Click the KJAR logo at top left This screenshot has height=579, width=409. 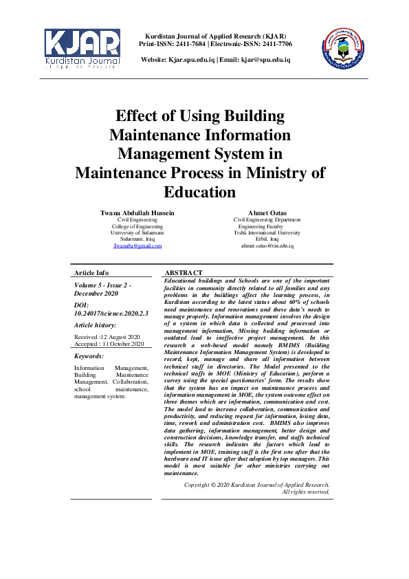point(82,49)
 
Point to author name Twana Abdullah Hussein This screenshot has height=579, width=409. point(137,213)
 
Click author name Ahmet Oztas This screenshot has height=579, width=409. point(267,213)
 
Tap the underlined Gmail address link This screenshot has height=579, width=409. point(137,245)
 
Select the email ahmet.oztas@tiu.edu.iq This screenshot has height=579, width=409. point(267,245)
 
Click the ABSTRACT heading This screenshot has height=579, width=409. point(184,273)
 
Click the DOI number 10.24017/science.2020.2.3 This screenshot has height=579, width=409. point(103,313)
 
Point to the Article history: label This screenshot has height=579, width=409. point(95,325)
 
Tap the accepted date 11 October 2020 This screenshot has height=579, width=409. point(120,344)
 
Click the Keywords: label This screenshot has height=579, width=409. point(89,356)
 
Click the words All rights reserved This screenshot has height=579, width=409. point(306,492)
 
